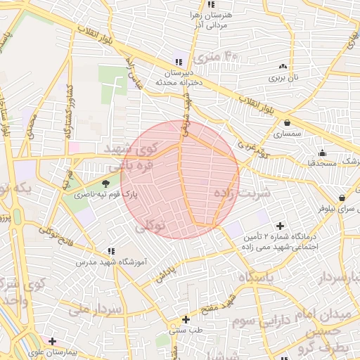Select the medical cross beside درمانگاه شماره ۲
coord(281,226)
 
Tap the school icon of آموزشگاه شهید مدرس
coord(111,251)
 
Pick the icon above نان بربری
coord(283,66)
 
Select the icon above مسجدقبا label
coord(322,153)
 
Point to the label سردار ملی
coord(96,309)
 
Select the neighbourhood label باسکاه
coord(259,278)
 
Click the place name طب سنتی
coord(186,329)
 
